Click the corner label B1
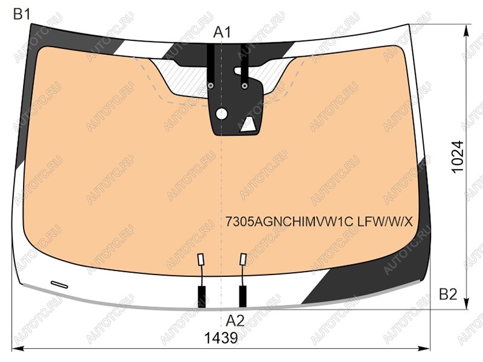(22, 14)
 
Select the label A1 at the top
(222, 32)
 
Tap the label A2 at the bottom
(235, 321)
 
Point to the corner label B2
(448, 294)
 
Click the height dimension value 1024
(457, 157)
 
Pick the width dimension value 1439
(221, 338)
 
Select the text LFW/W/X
(385, 221)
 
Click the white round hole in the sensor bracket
(222, 114)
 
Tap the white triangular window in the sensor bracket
(248, 125)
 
